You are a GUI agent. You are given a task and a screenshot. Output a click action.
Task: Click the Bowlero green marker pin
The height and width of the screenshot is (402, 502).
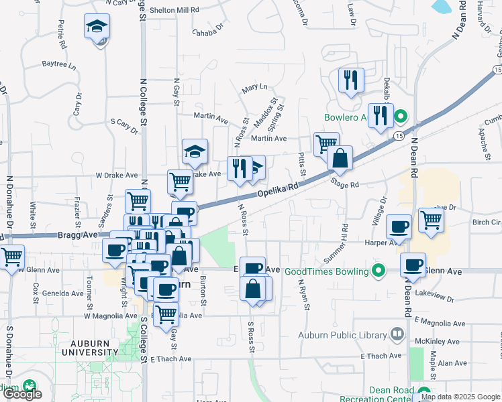[401, 117]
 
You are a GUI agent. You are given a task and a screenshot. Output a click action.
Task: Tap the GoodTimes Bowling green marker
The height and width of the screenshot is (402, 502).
[379, 271]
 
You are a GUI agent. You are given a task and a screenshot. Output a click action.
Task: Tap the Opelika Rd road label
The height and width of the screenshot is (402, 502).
[277, 192]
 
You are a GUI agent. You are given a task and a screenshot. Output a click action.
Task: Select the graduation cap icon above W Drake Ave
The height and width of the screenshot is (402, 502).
[195, 151]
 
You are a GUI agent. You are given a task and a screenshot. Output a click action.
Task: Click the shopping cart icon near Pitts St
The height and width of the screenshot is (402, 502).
[326, 143]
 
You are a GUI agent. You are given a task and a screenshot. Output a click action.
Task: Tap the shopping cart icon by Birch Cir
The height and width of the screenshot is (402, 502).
[431, 219]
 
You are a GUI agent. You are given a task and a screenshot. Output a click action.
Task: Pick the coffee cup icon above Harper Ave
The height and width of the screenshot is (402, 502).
[400, 227]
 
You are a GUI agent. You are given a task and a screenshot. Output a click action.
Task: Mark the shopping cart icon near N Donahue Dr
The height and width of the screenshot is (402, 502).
[11, 257]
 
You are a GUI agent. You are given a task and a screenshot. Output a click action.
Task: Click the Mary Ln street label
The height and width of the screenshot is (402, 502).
[254, 88]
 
